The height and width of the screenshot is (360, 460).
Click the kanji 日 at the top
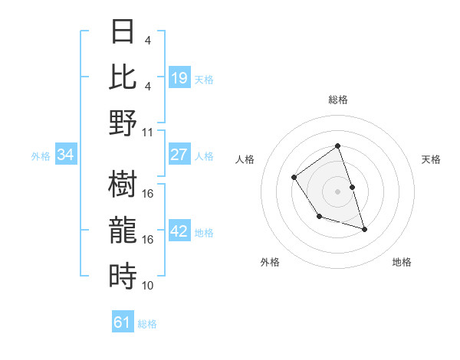point(123,32)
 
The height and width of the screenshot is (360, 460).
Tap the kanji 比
point(123,77)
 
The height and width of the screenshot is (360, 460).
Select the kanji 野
point(123,123)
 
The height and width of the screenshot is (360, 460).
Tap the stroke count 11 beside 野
point(148,132)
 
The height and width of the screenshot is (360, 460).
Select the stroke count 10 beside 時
point(148,286)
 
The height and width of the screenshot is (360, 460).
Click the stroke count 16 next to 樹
point(148,195)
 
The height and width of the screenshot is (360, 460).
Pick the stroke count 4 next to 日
point(148,40)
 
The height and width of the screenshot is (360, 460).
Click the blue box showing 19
point(179,78)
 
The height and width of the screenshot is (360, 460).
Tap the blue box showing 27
point(179,155)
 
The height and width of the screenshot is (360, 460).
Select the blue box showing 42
point(179,231)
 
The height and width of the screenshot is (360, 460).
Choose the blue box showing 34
point(66,155)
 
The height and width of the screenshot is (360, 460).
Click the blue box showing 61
point(123,322)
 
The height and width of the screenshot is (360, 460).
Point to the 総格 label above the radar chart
point(337,100)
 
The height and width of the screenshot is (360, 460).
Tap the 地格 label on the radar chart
point(402,262)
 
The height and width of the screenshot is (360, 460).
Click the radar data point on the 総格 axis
point(337,146)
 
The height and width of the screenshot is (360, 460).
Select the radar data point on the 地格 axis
point(364,230)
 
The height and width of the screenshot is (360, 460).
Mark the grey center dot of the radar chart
point(337,191)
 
